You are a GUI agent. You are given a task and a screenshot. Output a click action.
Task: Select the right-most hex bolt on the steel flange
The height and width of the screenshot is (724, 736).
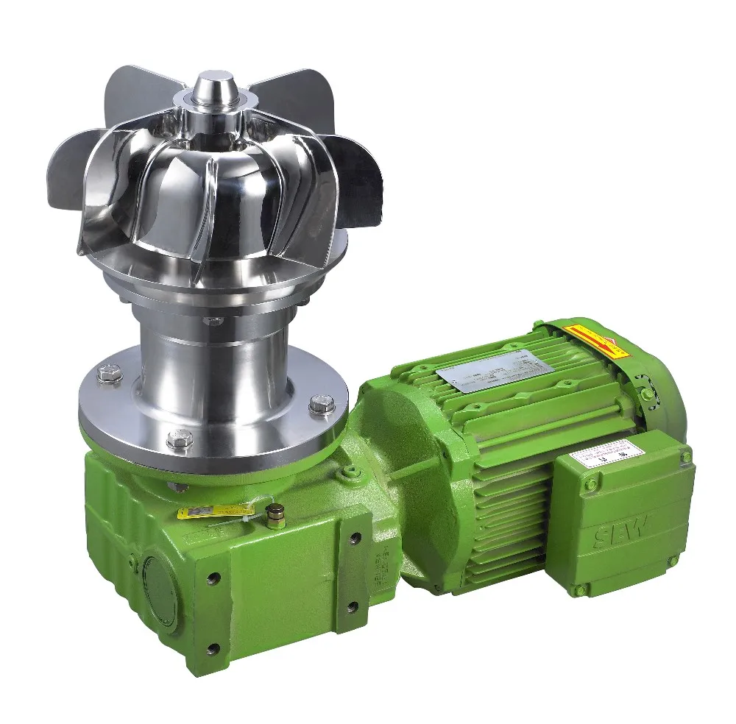pos(322,402)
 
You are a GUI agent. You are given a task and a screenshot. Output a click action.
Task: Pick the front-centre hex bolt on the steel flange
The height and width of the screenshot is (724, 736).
pos(180,439)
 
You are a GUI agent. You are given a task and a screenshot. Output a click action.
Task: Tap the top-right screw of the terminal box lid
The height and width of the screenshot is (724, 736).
pos(685,457)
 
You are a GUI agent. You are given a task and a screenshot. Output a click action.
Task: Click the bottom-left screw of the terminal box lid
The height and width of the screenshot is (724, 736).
pos(581,589)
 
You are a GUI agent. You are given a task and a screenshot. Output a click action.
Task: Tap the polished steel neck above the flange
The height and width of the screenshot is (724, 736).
pos(213,361)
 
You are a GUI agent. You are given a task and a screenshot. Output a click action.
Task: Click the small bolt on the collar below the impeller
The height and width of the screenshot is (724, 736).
pos(213,321)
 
